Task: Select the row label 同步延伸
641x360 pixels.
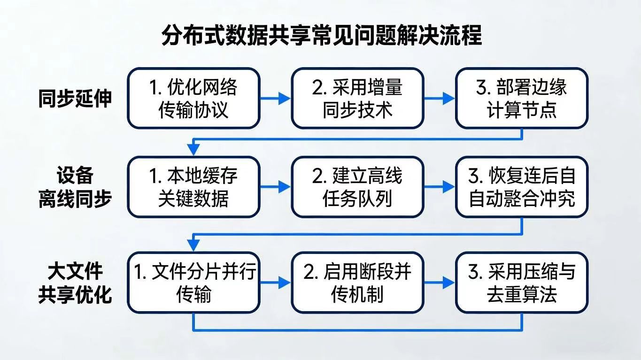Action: (75, 99)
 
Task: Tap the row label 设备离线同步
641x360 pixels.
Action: (75, 187)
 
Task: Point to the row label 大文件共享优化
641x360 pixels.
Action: (75, 283)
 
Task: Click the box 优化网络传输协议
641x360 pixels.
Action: (193, 98)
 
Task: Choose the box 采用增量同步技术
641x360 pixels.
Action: (357, 98)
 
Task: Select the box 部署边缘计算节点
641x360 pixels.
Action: (521, 98)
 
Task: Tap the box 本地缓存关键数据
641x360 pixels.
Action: (193, 187)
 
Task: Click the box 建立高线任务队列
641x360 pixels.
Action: (357, 187)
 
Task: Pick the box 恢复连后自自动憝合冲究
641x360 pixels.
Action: (521, 187)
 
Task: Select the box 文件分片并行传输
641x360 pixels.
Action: (193, 283)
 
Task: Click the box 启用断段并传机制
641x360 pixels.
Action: (357, 283)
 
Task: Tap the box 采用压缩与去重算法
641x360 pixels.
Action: (521, 283)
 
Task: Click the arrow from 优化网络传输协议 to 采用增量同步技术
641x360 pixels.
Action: (276, 98)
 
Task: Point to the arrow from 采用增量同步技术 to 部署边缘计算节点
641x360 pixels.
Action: (440, 98)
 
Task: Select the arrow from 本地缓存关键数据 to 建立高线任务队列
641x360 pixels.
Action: (276, 187)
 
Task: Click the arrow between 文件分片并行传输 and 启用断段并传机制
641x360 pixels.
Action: (276, 283)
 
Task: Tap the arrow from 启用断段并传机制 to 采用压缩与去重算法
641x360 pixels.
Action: (440, 283)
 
